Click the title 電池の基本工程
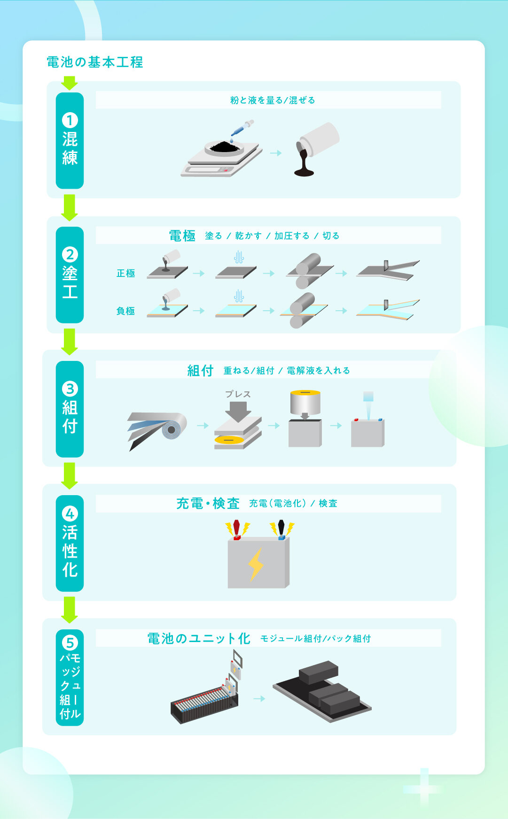(94, 62)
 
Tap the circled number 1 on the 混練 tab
(70, 120)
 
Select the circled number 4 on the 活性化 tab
(70, 514)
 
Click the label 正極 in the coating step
(126, 273)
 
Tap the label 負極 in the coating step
(126, 311)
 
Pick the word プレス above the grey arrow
(238, 394)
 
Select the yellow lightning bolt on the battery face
(256, 564)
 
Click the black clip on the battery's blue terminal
(281, 528)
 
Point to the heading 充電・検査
(208, 504)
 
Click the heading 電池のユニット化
(199, 638)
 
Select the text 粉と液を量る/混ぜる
(273, 100)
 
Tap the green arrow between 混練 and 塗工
(70, 207)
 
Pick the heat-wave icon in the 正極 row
(239, 257)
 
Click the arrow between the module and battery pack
(259, 699)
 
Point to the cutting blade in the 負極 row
(386, 305)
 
